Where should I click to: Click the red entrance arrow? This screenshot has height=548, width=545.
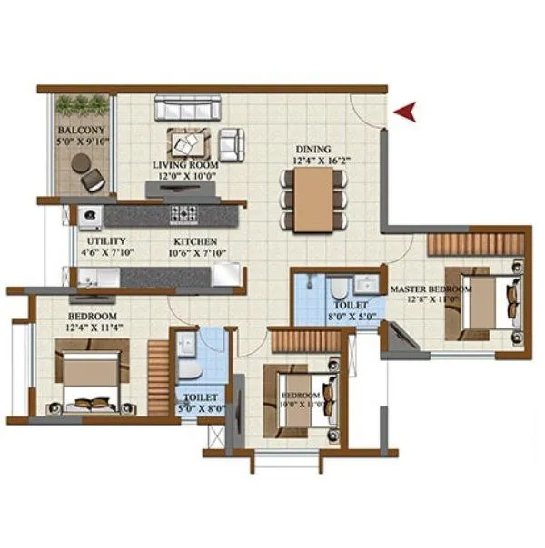coord(406,112)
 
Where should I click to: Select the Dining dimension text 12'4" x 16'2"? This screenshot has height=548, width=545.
coord(312,161)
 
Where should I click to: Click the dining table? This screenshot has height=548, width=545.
coord(312,198)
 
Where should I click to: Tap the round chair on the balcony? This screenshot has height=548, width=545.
coord(82,163)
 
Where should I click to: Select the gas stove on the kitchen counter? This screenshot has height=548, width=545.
coord(184,215)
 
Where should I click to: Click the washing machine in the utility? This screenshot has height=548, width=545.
coord(89,216)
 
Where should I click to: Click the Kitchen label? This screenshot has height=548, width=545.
coord(195,241)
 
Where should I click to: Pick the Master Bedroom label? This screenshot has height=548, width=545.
coord(431,289)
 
